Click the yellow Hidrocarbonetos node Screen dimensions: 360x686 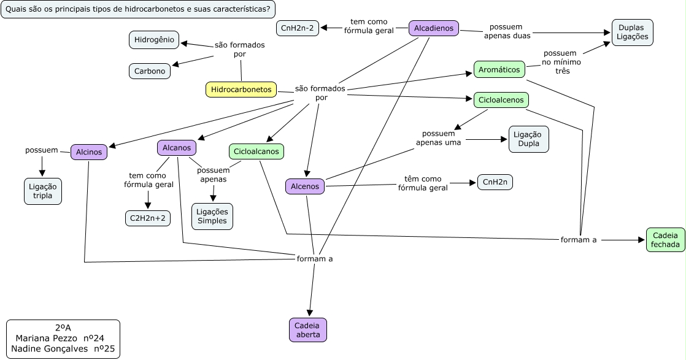241,90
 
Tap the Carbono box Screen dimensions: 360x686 150,71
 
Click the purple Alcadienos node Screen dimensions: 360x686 434,28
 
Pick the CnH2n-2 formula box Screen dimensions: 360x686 298,28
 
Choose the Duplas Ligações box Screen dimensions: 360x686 632,33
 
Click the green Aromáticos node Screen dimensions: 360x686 499,69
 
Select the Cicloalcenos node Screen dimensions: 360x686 501,100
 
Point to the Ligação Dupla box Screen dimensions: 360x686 528,139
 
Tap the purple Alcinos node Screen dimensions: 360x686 88,151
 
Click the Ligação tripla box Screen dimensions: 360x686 43,191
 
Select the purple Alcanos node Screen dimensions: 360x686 177,148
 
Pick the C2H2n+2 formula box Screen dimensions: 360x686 147,218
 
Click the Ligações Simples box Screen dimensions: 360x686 212,216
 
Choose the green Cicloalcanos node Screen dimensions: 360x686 256,151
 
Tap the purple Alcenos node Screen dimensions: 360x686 305,186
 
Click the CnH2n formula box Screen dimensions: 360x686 495,182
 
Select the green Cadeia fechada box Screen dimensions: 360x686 665,240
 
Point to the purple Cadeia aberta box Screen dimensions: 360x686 308,330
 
